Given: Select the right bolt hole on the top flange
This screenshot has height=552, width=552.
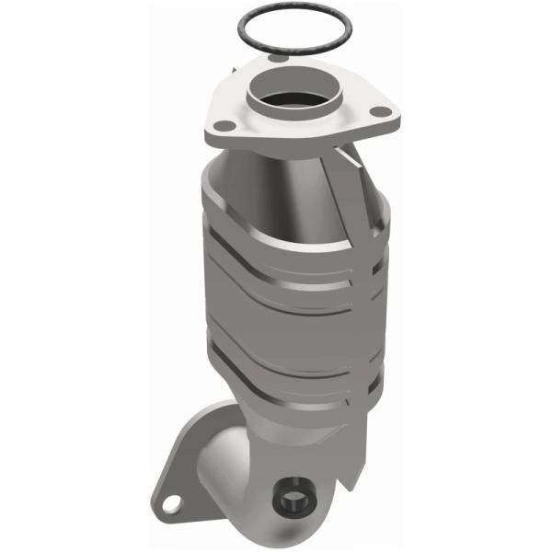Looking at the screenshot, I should tap(377, 112).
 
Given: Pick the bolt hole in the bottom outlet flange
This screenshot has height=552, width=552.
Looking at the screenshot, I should tap(169, 504).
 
